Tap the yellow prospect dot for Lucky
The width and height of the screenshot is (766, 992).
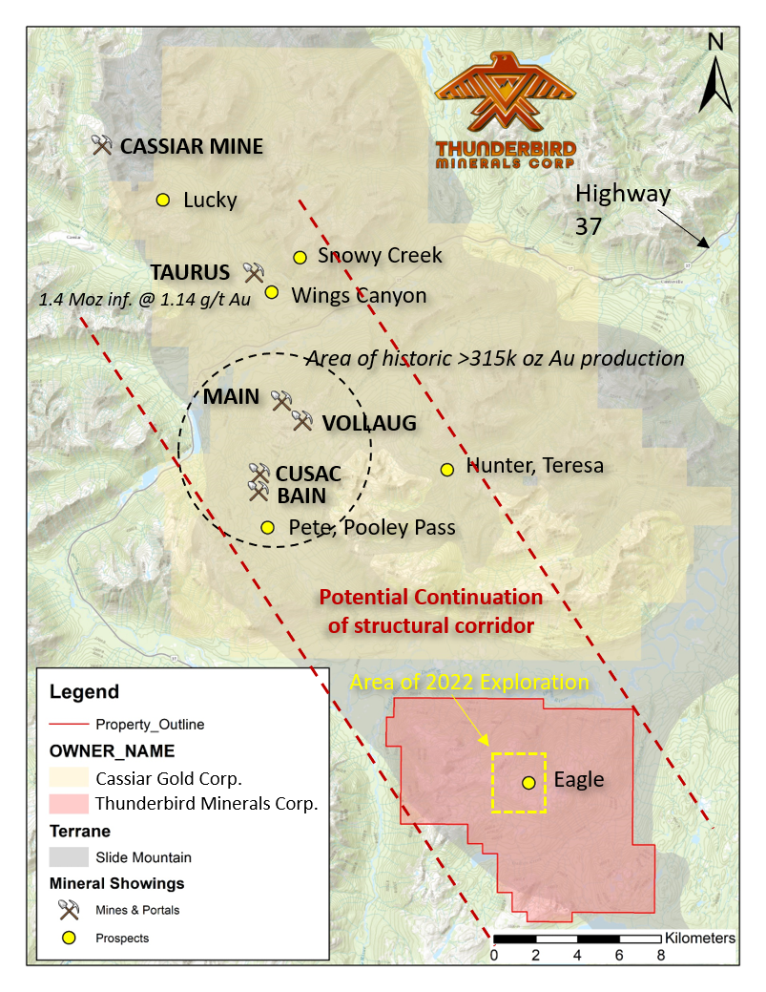[x=162, y=200]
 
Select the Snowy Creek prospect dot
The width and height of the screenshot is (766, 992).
[x=300, y=257]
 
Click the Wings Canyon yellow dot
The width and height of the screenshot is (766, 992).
[x=271, y=292]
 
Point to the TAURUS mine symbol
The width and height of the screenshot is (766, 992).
[x=253, y=272]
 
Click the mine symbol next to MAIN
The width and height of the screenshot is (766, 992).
[x=280, y=399]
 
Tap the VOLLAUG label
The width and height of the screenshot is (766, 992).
[x=368, y=423]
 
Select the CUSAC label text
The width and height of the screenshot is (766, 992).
[x=308, y=475]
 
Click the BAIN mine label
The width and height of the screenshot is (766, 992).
[x=301, y=496]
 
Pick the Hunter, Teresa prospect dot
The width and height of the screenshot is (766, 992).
[x=446, y=469]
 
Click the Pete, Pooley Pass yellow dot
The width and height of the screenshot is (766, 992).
[x=267, y=527]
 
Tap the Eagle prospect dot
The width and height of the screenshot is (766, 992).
[x=528, y=782]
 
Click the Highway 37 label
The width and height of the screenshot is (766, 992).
[x=623, y=209]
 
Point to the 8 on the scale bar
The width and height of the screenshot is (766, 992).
[x=660, y=955]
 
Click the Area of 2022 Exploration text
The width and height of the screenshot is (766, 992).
[x=469, y=682]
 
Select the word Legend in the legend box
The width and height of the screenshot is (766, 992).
[x=84, y=692]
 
